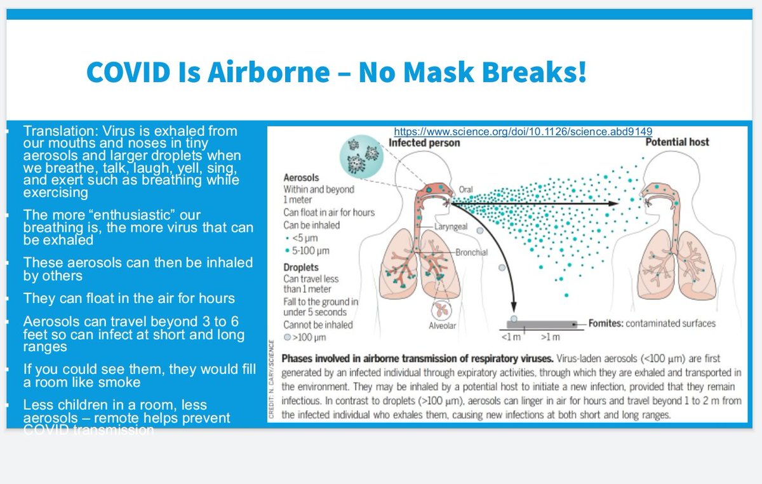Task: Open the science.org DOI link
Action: point(523,131)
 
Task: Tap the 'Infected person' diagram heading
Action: point(424,143)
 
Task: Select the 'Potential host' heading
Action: point(677,142)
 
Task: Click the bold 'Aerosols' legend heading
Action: point(301,178)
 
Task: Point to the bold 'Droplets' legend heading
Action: point(301,267)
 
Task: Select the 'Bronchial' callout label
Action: point(471,252)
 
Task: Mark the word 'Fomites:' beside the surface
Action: point(605,323)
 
